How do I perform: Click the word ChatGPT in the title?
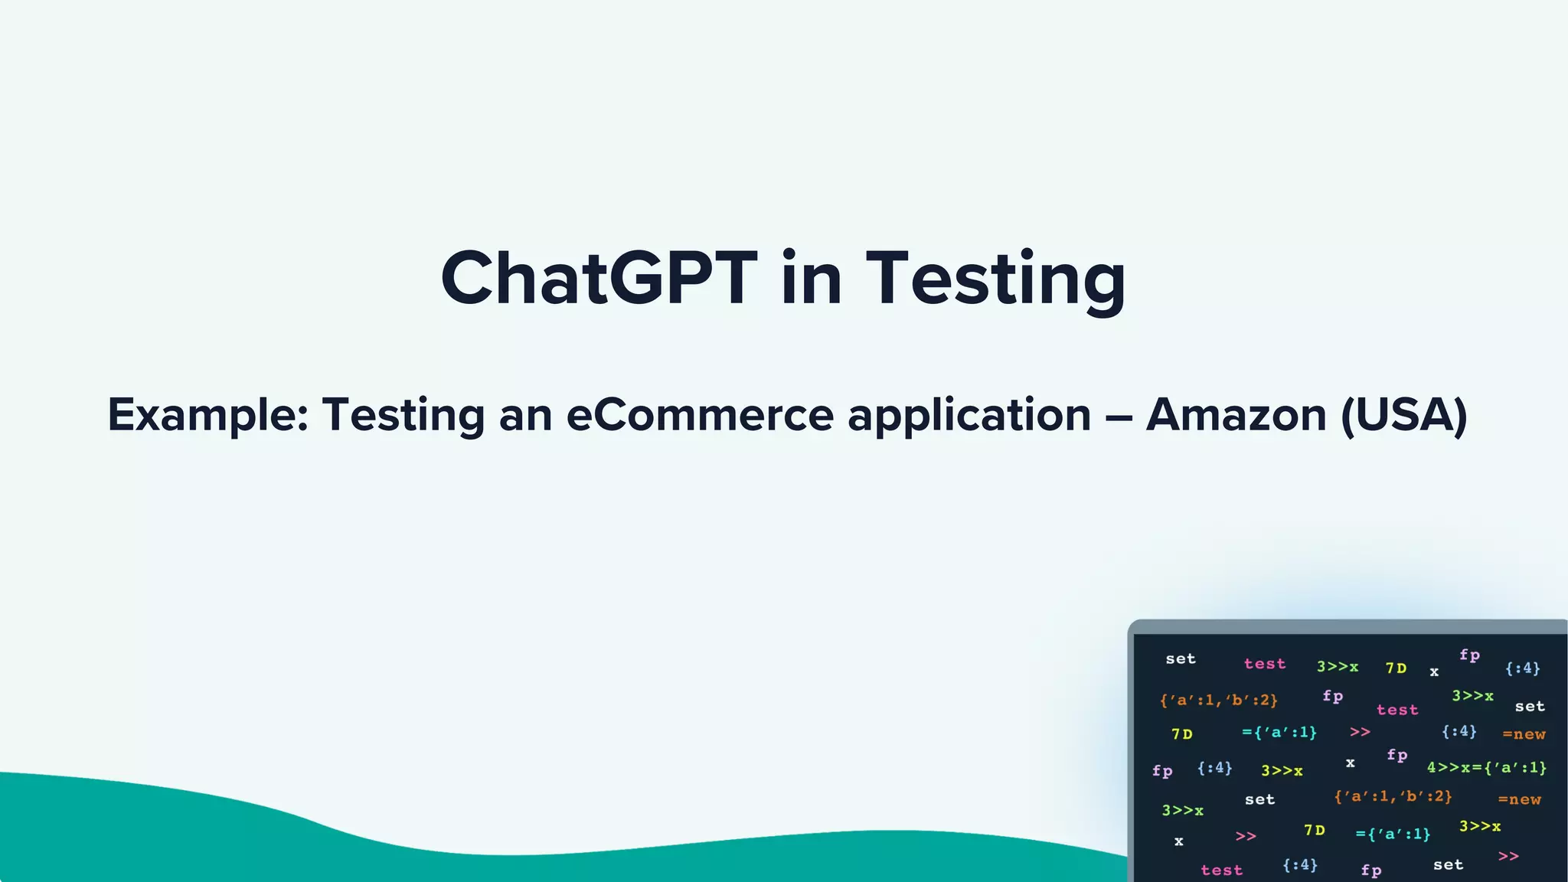pyautogui.click(x=599, y=278)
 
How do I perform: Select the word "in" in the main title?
pyautogui.click(x=812, y=278)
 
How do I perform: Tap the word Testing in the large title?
pyautogui.click(x=995, y=279)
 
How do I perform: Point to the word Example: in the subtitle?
pyautogui.click(x=207, y=416)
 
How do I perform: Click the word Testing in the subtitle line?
pyautogui.click(x=403, y=416)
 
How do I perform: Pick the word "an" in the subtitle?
pyautogui.click(x=525, y=416)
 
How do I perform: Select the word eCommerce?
pyautogui.click(x=699, y=416)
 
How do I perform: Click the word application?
pyautogui.click(x=969, y=416)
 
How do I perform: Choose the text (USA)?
pyautogui.click(x=1404, y=416)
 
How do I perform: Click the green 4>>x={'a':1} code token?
pyautogui.click(x=1486, y=767)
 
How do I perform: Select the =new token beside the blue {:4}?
pyautogui.click(x=1524, y=734)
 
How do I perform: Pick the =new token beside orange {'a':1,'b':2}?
pyautogui.click(x=1519, y=799)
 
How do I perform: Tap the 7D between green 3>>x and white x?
pyautogui.click(x=1396, y=668)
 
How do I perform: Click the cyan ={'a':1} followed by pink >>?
pyautogui.click(x=1279, y=733)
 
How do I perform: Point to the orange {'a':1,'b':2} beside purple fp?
pyautogui.click(x=1218, y=700)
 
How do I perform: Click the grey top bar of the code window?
pyautogui.click(x=1347, y=626)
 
